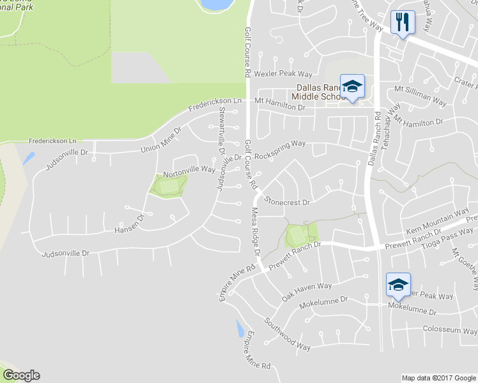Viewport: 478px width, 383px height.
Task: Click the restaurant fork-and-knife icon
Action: coord(403,22)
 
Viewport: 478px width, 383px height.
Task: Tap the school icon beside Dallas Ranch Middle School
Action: coord(351,87)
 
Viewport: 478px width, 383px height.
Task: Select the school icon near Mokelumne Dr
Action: coord(398,285)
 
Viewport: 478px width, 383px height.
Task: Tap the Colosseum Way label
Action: coord(450,331)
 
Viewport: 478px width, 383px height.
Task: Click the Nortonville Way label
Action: coord(189,170)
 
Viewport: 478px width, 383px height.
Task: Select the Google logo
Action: coord(21,375)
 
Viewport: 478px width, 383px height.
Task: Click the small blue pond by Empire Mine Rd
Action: coord(240,329)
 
